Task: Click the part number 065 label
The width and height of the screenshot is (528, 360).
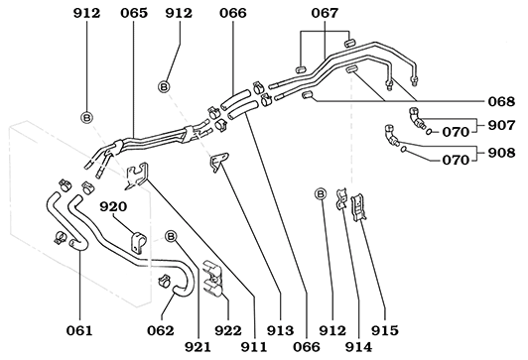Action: [x=134, y=13]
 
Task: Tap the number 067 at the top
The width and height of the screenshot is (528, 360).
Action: [x=325, y=13]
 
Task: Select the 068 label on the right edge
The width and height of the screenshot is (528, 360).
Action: [x=501, y=101]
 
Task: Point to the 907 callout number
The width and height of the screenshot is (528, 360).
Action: [x=501, y=125]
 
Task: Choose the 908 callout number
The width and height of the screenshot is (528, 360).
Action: [x=501, y=153]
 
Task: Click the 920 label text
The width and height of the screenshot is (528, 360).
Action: [x=113, y=206]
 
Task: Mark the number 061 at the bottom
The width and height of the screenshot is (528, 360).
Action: [x=79, y=330]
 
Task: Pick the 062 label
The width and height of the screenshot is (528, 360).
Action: [x=161, y=330]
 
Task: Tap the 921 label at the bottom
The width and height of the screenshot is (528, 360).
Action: [x=198, y=347]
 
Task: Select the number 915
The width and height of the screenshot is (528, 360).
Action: [x=385, y=330]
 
